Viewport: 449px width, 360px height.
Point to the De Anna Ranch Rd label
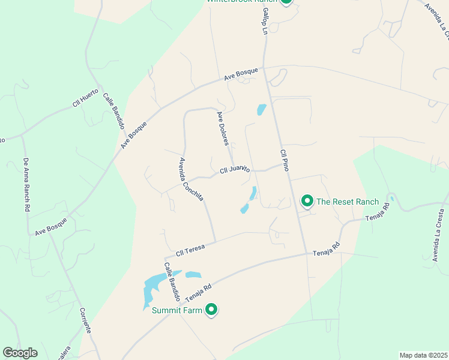pos(26,184)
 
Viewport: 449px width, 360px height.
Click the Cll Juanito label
pos(235,170)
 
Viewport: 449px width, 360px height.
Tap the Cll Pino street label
pos(285,161)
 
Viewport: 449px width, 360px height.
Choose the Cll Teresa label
pos(191,250)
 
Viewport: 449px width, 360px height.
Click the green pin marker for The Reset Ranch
pos(307,200)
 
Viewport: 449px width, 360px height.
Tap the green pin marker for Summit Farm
pos(211,309)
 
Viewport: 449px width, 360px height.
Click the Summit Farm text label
pos(177,310)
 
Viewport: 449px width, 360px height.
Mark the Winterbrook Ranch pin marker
pos(286,1)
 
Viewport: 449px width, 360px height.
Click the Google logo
pos(20,353)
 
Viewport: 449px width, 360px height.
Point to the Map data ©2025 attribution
pos(423,355)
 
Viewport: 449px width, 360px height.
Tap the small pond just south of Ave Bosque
pos(261,110)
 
